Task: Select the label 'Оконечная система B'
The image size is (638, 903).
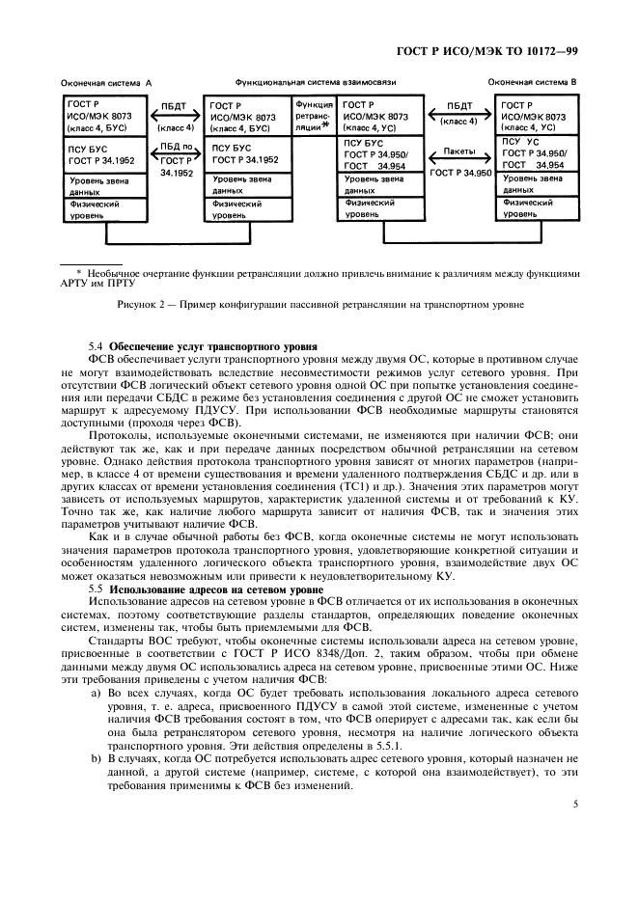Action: [x=532, y=84]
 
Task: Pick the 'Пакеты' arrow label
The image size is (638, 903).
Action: [x=459, y=152]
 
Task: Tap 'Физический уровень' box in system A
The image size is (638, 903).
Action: [x=104, y=209]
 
